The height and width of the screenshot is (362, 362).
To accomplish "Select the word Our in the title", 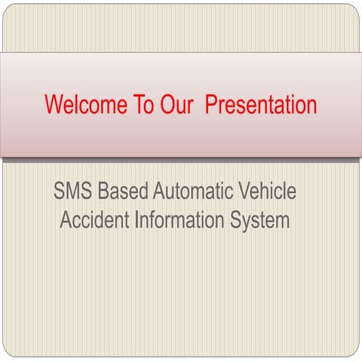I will (178, 104).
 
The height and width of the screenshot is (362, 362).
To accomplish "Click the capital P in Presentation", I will (213, 104).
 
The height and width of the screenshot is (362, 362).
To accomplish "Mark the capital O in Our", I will (167, 104).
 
